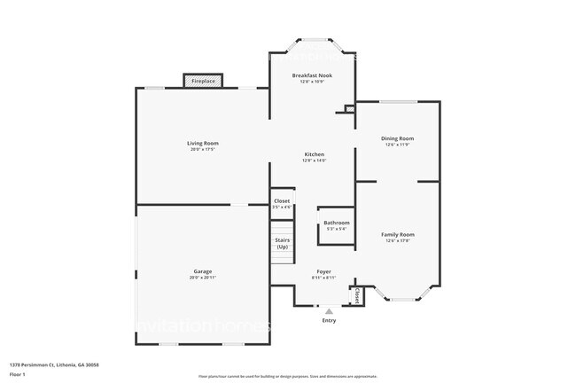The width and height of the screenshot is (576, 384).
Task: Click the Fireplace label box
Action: coord(203,82)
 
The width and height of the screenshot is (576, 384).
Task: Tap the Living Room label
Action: coord(203,143)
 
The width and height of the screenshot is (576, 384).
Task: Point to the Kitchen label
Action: coord(314,154)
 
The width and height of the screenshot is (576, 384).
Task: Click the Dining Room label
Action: coord(397,138)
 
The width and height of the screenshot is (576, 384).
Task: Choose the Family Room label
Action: coord(398,234)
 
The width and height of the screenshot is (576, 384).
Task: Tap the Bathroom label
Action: coord(336,223)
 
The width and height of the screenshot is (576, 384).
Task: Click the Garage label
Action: coord(203,271)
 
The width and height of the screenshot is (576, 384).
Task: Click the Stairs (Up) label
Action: coord(282,242)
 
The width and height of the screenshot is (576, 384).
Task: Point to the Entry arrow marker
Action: coord(329,312)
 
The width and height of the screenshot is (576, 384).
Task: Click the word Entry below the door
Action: coord(329,321)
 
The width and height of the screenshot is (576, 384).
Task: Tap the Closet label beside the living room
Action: coord(282,201)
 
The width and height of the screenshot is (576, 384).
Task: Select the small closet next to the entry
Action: coord(357,295)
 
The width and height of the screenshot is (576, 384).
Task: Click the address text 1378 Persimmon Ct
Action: coord(54,364)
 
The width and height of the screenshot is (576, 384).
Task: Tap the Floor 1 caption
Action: coord(19,374)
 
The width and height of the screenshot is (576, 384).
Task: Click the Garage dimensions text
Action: coord(203,278)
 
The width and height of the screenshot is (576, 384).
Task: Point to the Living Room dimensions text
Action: coord(203,149)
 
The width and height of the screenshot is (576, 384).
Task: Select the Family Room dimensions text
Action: coord(398,240)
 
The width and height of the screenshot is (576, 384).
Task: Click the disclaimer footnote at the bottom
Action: coord(287,376)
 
